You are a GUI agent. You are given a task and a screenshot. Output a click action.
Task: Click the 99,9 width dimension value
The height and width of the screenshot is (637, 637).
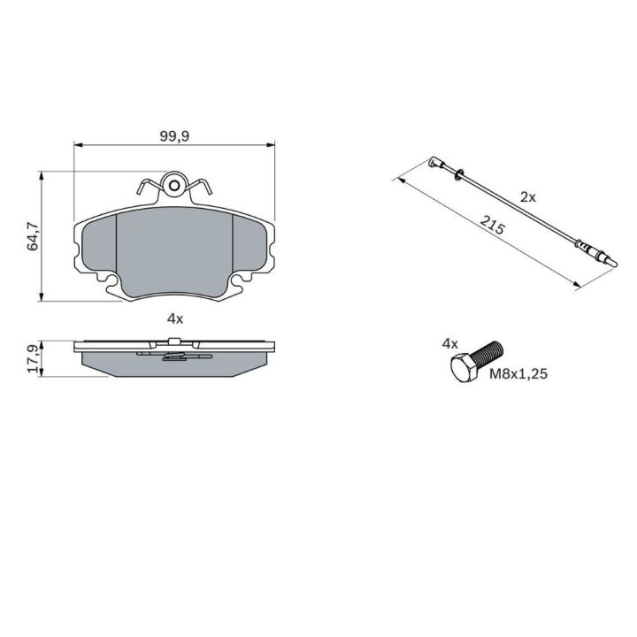174,136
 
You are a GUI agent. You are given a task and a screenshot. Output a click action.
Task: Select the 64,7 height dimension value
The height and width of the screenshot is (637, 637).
33,236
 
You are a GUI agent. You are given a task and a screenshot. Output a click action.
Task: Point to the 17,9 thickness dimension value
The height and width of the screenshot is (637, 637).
33,358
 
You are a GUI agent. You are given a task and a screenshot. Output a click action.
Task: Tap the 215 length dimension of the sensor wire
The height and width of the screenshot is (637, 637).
492,225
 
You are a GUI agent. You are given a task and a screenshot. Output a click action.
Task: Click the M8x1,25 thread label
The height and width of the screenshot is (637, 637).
518,373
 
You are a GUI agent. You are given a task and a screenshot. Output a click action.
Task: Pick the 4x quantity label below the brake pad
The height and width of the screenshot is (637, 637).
175,318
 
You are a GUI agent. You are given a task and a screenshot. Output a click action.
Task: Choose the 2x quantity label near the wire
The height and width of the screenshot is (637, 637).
528,197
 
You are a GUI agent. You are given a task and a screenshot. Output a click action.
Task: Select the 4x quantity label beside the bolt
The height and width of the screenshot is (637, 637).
450,344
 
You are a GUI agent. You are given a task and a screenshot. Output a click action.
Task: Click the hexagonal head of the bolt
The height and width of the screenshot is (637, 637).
464,368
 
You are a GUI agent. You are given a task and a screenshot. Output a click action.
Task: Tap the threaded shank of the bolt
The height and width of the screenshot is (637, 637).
489,353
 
